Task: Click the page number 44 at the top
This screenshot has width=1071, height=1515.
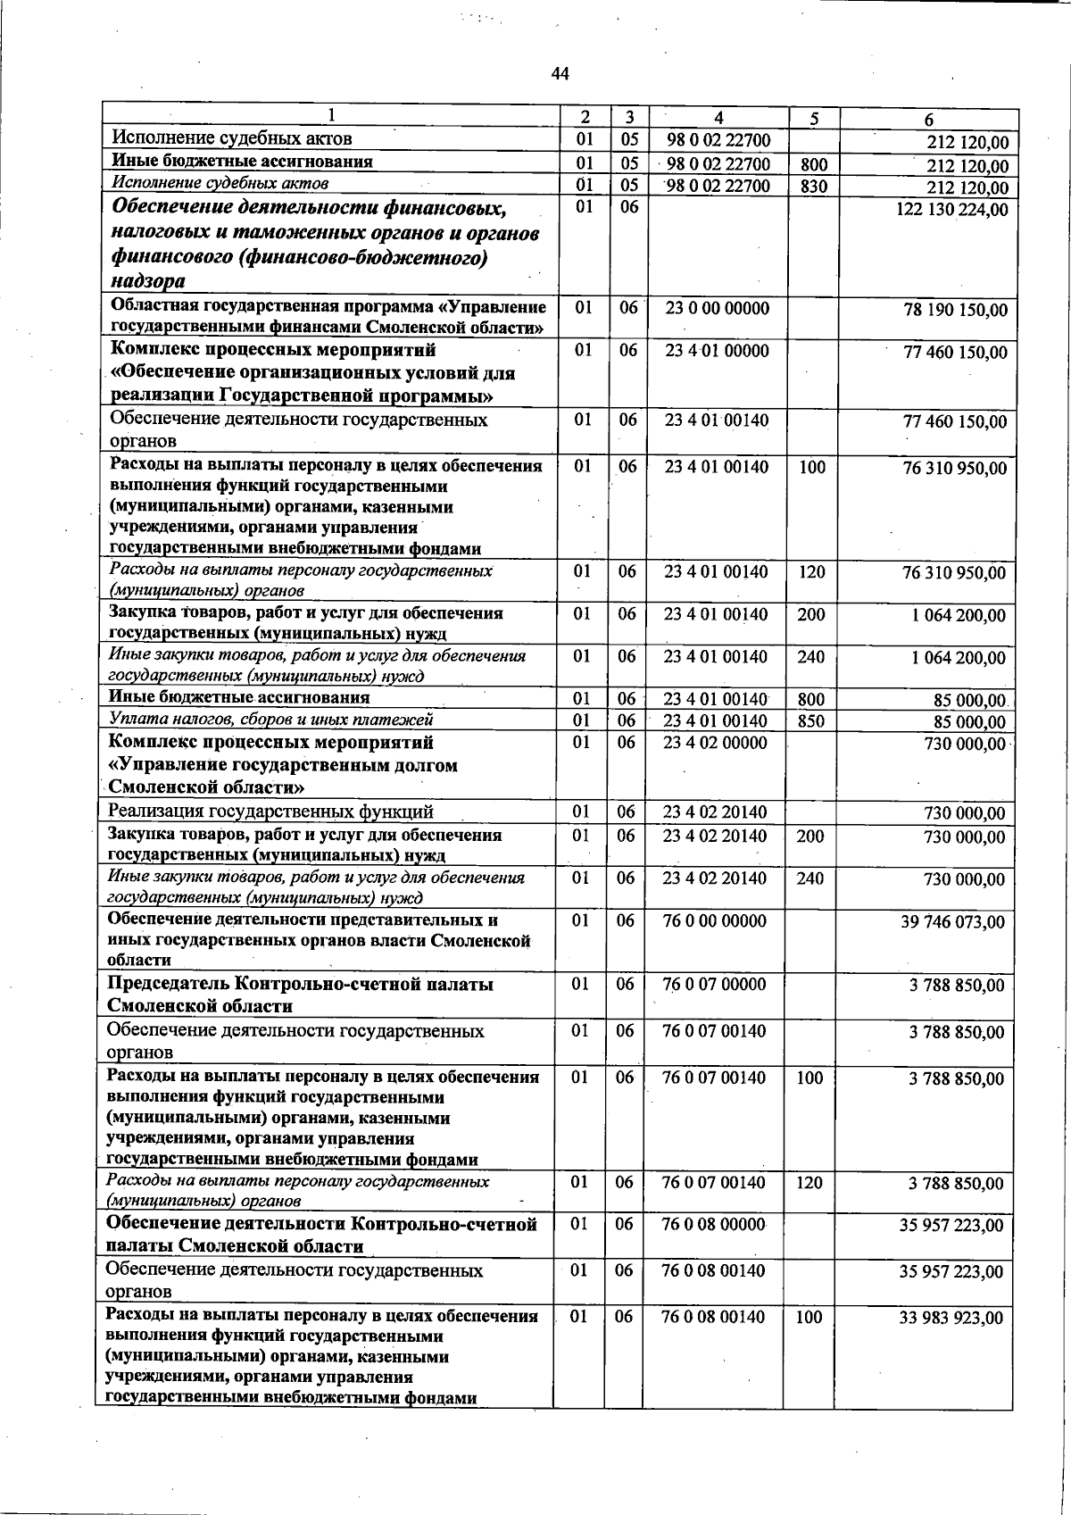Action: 560,74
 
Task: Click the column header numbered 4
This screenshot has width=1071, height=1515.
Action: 718,118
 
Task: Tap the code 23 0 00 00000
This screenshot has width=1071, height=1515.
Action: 717,308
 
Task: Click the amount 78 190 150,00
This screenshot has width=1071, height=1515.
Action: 955,311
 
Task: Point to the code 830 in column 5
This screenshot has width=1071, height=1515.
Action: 813,187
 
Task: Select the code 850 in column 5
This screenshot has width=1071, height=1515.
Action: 811,721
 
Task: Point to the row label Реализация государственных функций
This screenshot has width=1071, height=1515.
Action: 270,812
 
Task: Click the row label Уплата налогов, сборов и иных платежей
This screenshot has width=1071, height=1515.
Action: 270,720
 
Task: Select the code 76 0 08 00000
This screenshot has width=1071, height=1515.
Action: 714,1224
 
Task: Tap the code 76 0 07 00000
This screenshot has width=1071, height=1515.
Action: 714,985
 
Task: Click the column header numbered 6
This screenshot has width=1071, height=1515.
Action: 928,120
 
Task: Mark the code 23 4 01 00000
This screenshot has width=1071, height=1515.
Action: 717,351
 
